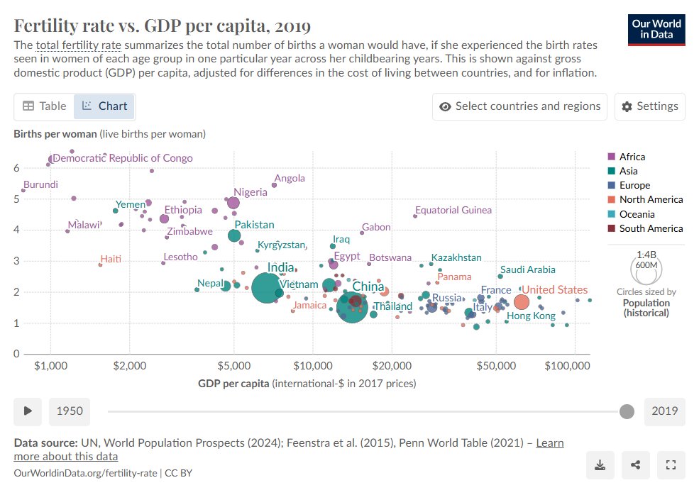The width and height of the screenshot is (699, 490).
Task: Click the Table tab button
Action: click(x=44, y=106)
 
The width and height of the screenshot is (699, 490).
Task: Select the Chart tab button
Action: click(x=104, y=106)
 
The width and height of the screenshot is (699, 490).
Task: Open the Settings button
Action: click(x=650, y=106)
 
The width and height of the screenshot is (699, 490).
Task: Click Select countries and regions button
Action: click(x=519, y=106)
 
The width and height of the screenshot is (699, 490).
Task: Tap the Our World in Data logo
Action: click(x=656, y=29)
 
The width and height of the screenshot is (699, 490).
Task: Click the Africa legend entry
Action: click(x=632, y=157)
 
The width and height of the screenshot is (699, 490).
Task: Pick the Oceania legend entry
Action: click(x=637, y=214)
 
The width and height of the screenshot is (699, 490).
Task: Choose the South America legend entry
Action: click(x=651, y=228)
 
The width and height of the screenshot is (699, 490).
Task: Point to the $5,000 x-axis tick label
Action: click(x=234, y=366)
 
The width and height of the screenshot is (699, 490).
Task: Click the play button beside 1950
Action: click(x=28, y=411)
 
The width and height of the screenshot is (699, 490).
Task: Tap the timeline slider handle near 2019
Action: click(x=627, y=411)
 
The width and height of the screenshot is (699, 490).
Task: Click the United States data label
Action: click(x=555, y=289)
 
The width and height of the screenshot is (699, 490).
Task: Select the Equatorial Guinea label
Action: click(x=453, y=210)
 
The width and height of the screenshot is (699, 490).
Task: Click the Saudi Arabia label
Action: click(x=527, y=269)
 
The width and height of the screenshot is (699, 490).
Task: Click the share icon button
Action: click(x=635, y=465)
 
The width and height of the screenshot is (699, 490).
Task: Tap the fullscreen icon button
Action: click(x=671, y=465)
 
